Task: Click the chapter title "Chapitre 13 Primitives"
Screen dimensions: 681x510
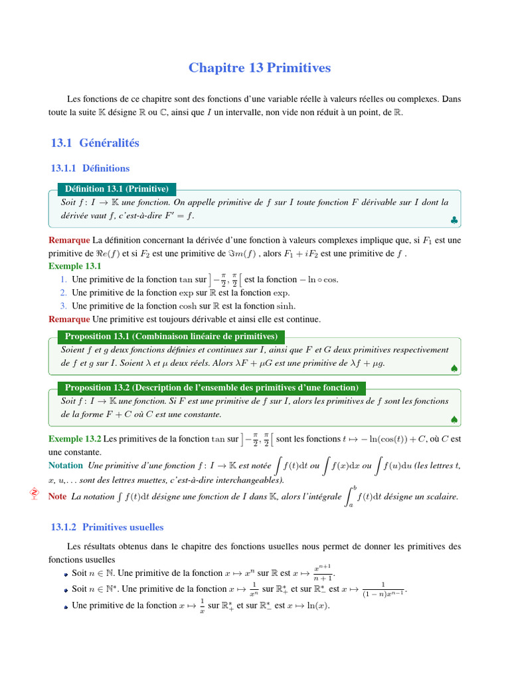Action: click(259, 68)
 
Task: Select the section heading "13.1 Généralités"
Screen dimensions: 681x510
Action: click(95, 142)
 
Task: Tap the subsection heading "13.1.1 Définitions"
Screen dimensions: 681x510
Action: click(90, 168)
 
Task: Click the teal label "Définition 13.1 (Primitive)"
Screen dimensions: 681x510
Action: click(116, 189)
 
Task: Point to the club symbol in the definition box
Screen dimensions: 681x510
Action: click(453, 219)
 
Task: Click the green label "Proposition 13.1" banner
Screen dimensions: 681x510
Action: click(171, 337)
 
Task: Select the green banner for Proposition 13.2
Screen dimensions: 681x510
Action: click(211, 387)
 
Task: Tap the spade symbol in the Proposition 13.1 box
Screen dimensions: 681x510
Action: click(453, 368)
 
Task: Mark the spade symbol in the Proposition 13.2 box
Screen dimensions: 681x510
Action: click(453, 419)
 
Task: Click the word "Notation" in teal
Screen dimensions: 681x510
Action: click(66, 465)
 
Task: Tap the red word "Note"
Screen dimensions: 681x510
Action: click(58, 496)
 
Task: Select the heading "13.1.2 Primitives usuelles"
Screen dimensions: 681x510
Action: click(107, 527)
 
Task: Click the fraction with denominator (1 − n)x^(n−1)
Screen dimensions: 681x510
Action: click(384, 589)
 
